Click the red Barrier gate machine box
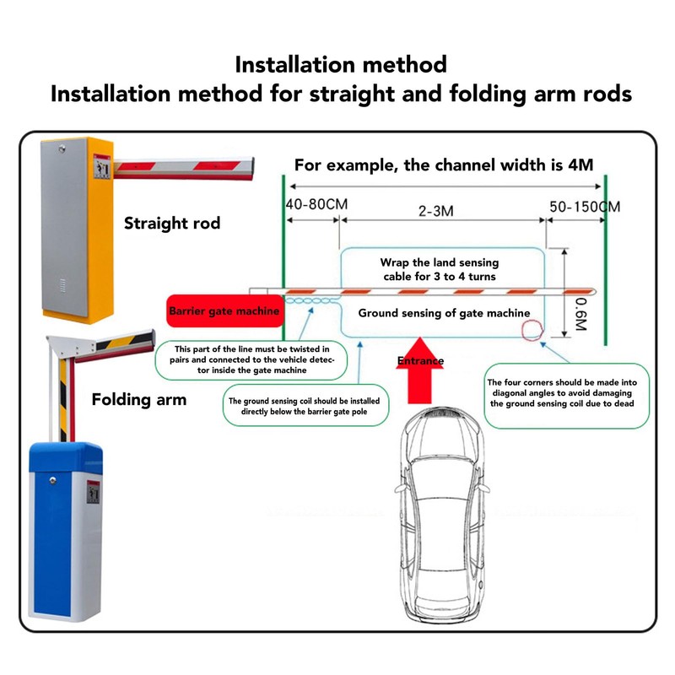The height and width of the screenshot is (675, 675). coord(224,310)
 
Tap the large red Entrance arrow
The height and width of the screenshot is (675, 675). coord(419,371)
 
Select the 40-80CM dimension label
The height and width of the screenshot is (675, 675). coord(317,204)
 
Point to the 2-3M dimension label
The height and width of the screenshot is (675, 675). coord(436,211)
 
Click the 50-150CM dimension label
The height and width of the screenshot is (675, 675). coord(585,207)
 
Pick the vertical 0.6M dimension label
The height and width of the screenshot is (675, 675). coord(581,315)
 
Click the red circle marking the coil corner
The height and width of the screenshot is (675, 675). coord(532,330)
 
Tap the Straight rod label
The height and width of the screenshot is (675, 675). coord(172,223)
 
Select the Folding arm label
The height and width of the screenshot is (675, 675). coord(139,399)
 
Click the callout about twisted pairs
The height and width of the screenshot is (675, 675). coord(251,360)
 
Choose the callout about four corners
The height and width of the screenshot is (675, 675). coord(566,396)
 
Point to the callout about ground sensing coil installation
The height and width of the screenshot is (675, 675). coord(305,406)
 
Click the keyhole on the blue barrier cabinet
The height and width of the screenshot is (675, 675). coord(52,480)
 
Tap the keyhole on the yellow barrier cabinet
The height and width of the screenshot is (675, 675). coord(62,149)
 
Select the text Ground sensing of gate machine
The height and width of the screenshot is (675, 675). coord(444,313)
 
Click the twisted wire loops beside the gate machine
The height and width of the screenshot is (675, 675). coord(309,300)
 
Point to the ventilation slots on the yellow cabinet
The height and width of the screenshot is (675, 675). coord(62,285)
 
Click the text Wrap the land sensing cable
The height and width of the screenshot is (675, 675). coord(439,269)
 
